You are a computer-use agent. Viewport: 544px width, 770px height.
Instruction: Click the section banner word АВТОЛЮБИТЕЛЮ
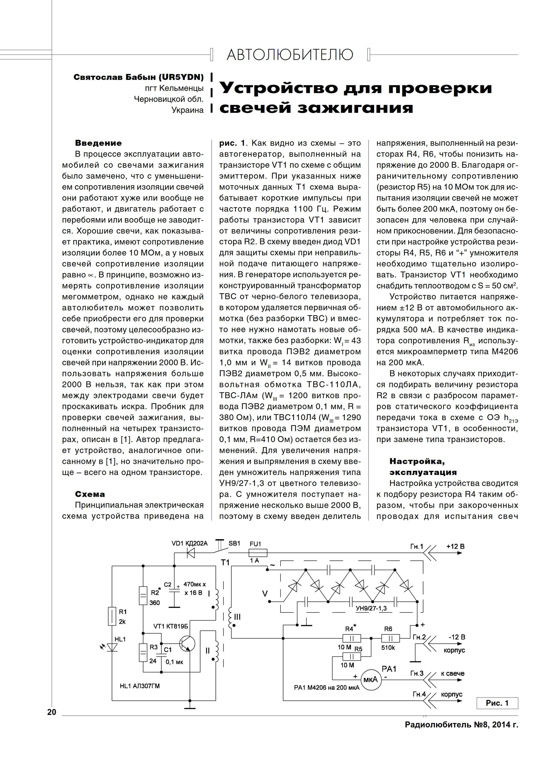(x=290, y=54)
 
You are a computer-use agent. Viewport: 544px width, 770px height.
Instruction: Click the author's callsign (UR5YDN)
(x=181, y=77)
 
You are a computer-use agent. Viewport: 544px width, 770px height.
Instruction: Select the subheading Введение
(x=98, y=143)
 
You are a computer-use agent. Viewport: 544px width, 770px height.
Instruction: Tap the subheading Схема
(x=90, y=494)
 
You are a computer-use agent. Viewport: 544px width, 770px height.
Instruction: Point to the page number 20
(x=52, y=712)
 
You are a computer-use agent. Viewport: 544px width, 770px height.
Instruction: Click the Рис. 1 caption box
(x=497, y=703)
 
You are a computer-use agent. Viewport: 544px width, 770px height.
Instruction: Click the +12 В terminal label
(x=455, y=546)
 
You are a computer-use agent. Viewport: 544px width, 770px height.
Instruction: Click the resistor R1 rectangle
(x=112, y=616)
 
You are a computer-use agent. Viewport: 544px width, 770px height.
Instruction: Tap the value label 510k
(x=388, y=648)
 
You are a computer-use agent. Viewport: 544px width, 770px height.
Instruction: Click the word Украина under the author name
(x=188, y=110)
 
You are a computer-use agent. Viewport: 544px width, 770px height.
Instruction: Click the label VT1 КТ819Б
(x=171, y=626)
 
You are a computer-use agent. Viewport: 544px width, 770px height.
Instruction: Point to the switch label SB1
(x=234, y=543)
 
